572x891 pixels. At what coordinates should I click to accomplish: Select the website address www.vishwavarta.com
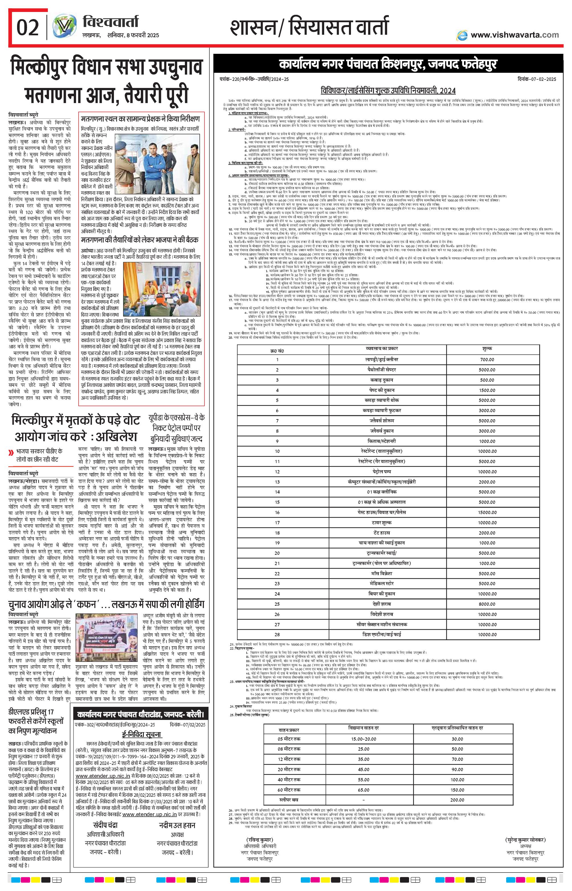(514, 35)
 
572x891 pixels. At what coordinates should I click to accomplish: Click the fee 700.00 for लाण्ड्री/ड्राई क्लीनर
(487, 360)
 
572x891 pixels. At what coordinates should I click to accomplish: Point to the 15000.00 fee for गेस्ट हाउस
(487, 512)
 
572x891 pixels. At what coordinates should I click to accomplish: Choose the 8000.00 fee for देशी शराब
(487, 604)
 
